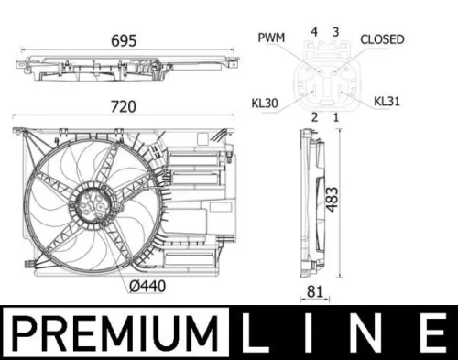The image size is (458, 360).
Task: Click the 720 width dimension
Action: (123, 107)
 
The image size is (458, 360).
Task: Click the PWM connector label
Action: (271, 39)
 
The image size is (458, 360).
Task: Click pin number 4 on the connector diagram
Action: (313, 32)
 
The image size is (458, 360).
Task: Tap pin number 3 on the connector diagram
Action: (335, 32)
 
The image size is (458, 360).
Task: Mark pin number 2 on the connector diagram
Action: (313, 116)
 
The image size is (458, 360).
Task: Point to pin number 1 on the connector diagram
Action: (335, 116)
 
